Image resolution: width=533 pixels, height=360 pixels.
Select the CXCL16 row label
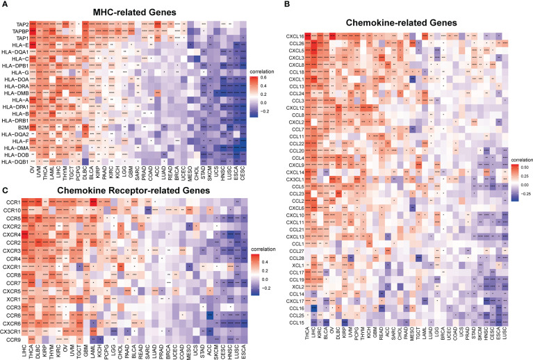(295, 36)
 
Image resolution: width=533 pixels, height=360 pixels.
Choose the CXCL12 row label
(295, 108)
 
